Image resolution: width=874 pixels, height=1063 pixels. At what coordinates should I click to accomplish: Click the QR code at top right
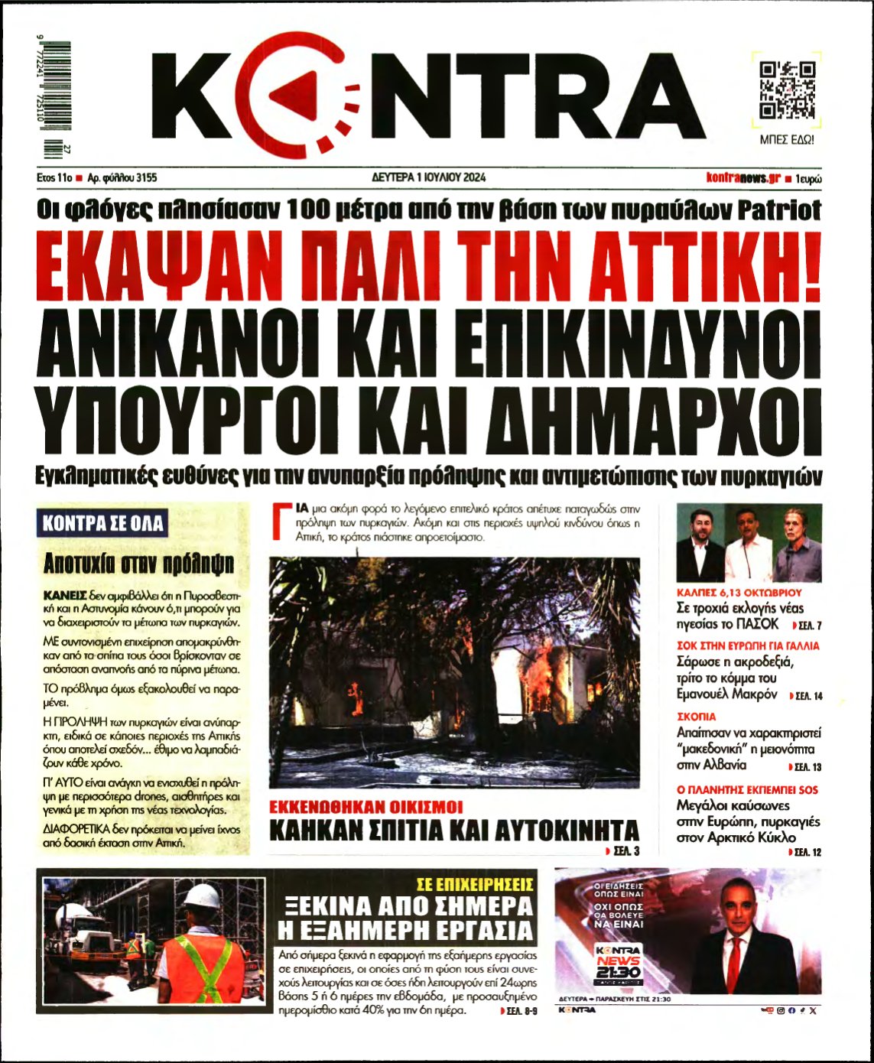[787, 91]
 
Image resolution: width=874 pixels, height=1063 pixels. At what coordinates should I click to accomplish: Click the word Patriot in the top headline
[780, 210]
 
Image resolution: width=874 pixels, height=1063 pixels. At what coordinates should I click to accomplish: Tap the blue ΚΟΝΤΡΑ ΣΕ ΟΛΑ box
[102, 524]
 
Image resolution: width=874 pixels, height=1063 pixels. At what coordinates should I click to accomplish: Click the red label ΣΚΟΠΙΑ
[697, 717]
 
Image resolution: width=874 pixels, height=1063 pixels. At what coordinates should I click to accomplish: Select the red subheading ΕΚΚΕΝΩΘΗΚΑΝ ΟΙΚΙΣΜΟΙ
[367, 807]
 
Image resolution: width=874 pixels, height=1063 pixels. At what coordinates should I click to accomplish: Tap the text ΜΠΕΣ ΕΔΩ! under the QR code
[787, 141]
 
